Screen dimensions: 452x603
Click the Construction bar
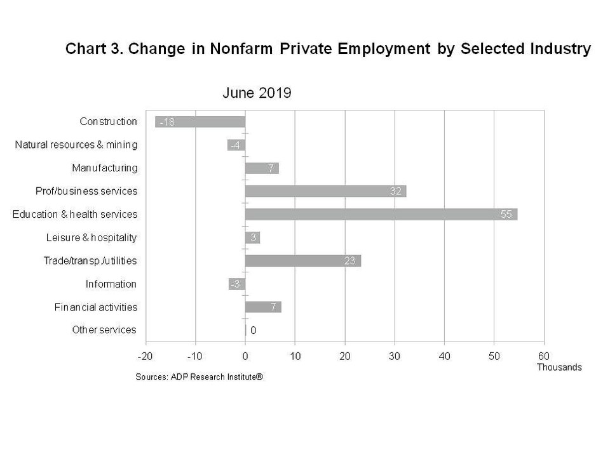point(200,122)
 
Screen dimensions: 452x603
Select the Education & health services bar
point(381,215)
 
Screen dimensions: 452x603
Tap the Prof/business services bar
point(325,191)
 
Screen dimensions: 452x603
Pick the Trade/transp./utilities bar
point(302,261)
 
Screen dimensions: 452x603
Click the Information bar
point(237,284)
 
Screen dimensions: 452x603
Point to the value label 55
point(506,215)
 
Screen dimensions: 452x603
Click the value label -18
point(166,122)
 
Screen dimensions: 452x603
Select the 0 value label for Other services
point(253,330)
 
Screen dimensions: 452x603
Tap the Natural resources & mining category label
point(76,145)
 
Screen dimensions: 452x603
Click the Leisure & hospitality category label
point(91,237)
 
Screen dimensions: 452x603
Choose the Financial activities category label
point(95,307)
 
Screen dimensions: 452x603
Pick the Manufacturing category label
point(104,168)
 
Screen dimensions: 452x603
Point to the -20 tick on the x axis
point(146,356)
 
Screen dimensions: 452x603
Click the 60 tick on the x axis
point(544,356)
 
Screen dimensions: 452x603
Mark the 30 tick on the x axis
point(395,356)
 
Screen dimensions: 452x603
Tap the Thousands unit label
point(559,367)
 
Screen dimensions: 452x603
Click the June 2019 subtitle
point(257,93)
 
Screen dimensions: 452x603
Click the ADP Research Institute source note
point(199,376)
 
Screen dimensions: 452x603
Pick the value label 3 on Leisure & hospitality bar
point(253,237)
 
